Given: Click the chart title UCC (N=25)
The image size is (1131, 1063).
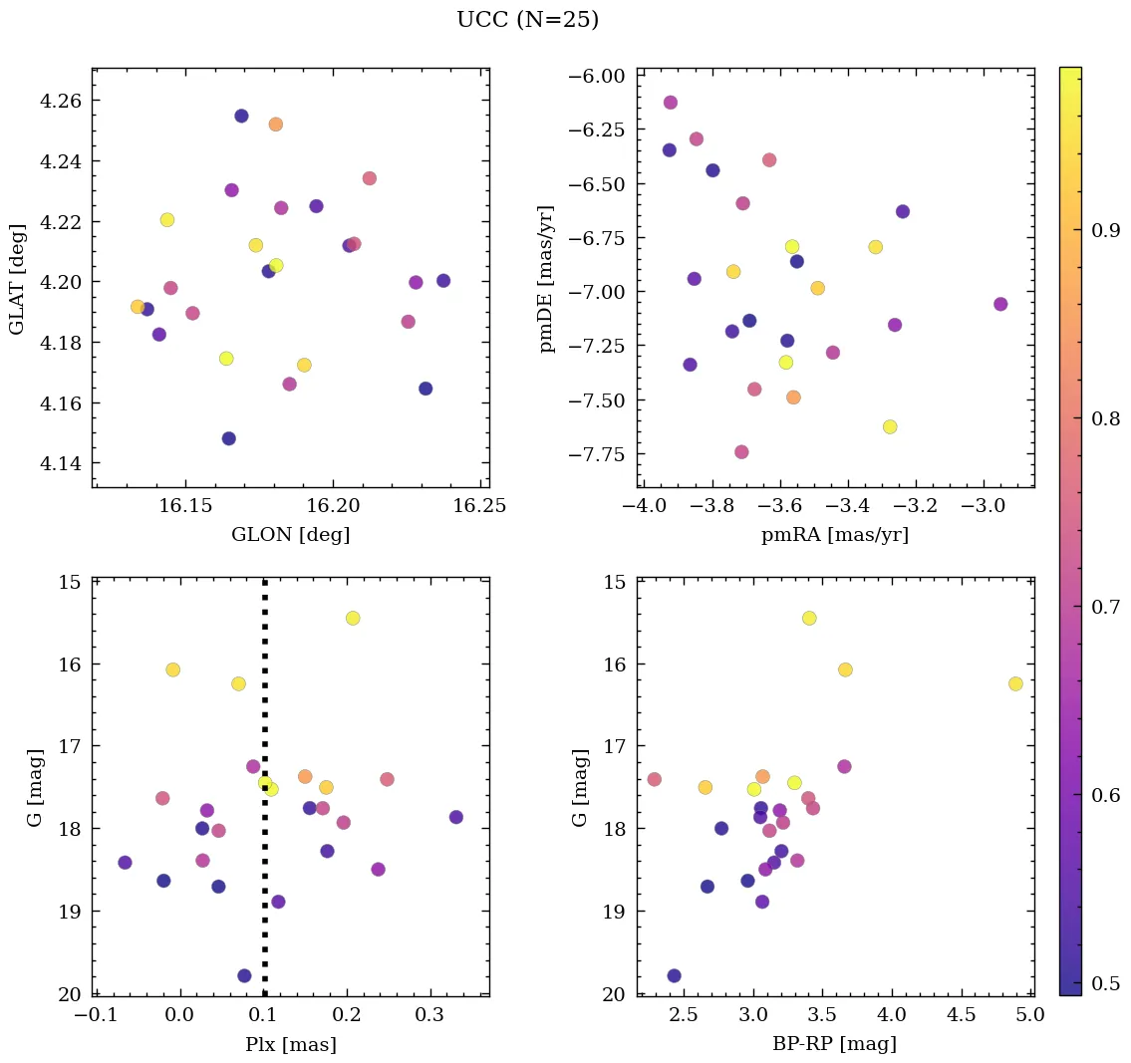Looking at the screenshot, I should pos(527,20).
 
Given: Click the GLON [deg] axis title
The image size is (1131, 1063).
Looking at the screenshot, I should pos(290,535).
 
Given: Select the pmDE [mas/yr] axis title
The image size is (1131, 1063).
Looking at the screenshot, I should pos(547,279).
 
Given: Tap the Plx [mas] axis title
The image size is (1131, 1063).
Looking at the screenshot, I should pos(290,1044).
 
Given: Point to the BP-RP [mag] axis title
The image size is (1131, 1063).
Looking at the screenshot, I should pos(834,1044).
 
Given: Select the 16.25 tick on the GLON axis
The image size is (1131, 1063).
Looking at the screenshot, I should pos(480,506).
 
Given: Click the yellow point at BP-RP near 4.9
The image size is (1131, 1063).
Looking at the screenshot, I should pos(1015,683).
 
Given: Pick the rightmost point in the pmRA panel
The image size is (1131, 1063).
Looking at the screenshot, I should pos(1000,304).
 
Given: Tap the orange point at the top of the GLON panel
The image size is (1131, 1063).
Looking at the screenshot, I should pos(276,125).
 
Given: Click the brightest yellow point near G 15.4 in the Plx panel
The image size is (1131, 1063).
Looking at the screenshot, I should pos(353,618).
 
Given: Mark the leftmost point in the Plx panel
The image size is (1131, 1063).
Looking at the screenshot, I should pos(125,863).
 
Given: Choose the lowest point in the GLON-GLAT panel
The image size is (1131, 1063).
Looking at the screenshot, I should pos(228,438).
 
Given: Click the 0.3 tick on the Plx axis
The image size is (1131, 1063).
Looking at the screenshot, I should pos(429,1015).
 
